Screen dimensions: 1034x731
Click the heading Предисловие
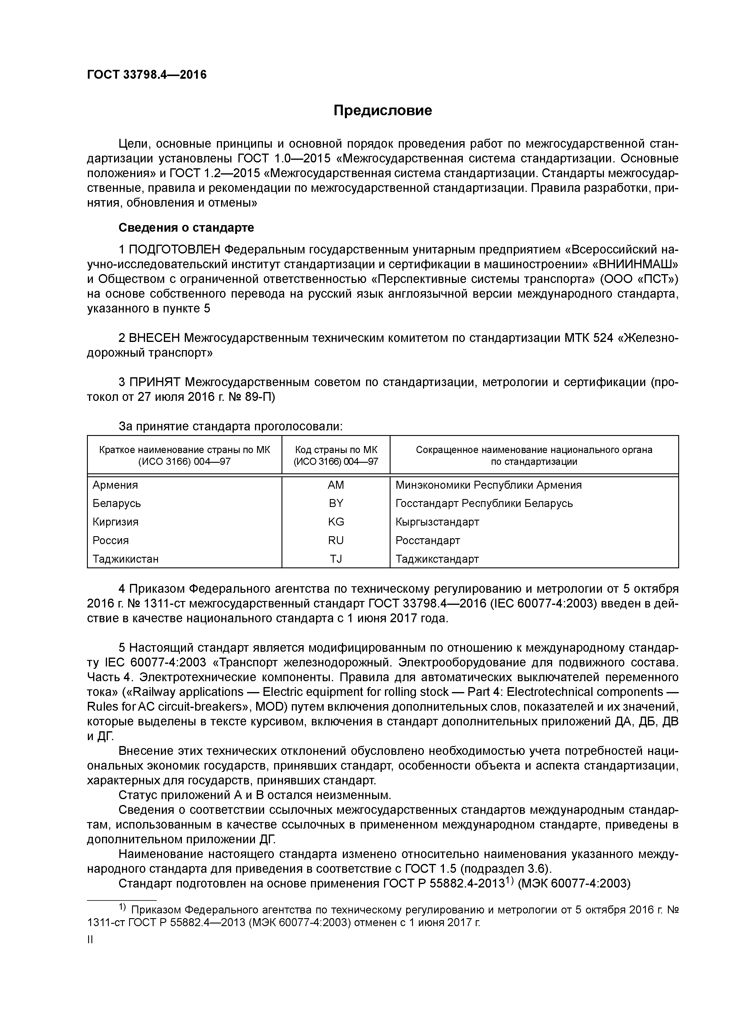pos(382,110)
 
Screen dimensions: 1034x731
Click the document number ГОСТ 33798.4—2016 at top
pos(147,75)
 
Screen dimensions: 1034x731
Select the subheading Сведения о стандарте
pos(186,228)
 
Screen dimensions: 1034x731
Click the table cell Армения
pos(115,485)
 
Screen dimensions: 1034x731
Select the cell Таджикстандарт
pos(437,559)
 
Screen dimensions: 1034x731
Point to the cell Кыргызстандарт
pos(437,521)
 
